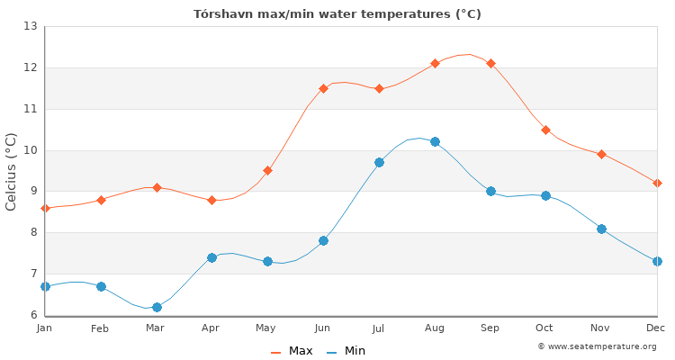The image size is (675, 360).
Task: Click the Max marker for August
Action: tap(435, 63)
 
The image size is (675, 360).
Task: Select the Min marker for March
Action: tap(157, 307)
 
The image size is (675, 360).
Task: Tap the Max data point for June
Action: tap(323, 88)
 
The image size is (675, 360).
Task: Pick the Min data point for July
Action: tap(379, 162)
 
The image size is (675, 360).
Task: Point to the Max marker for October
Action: tap(545, 130)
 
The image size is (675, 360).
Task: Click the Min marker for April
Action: tap(211, 257)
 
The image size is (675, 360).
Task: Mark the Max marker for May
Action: tap(267, 170)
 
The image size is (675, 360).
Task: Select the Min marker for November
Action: tap(601, 229)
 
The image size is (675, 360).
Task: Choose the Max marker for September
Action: tap(490, 63)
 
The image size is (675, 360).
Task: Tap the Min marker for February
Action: tap(101, 286)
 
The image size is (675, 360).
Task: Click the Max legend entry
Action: tap(292, 351)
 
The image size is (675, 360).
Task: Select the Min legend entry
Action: tap(346, 351)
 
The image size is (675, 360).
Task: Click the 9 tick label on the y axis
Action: tap(31, 191)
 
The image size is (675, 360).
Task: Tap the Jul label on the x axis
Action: tap(379, 328)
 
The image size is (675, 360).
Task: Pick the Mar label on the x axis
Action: tap(156, 328)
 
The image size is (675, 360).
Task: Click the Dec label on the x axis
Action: tap(655, 328)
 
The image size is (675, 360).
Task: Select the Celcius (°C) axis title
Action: tap(12, 171)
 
